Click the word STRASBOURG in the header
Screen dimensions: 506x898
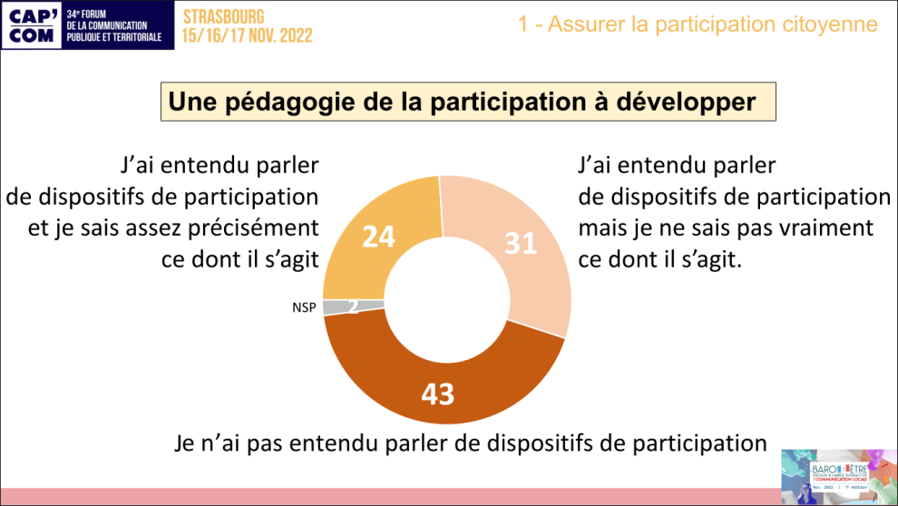[x=223, y=16]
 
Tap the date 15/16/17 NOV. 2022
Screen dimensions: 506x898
[x=247, y=35]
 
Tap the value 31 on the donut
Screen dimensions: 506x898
[x=521, y=243]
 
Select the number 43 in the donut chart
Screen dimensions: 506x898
[x=437, y=394]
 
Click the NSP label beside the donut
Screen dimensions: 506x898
[x=304, y=307]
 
